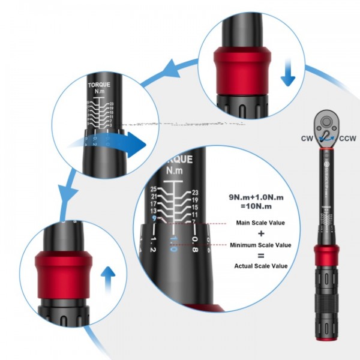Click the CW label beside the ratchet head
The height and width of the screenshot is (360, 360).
coord(307,139)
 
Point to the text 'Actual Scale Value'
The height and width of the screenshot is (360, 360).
coord(261,266)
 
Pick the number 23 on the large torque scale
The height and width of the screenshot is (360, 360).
coord(194,192)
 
